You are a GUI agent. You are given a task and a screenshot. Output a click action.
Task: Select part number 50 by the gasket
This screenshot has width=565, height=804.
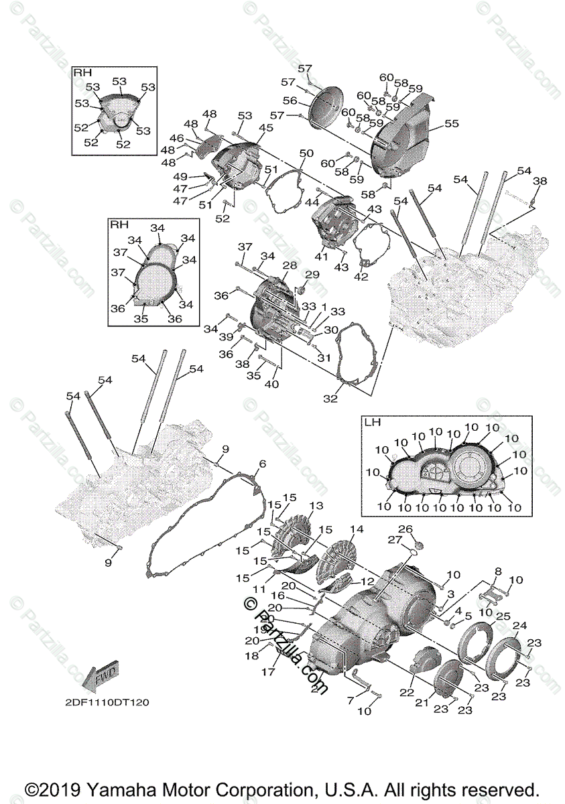coord(306,154)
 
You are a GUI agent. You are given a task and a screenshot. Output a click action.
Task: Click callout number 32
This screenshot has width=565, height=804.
coord(330,398)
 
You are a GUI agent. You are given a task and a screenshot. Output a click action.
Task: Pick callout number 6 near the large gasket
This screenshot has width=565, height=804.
coord(262,464)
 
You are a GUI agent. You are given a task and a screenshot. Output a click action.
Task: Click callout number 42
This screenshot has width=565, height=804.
coord(361,276)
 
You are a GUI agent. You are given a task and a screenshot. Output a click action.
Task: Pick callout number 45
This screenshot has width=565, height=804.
coord(266,128)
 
